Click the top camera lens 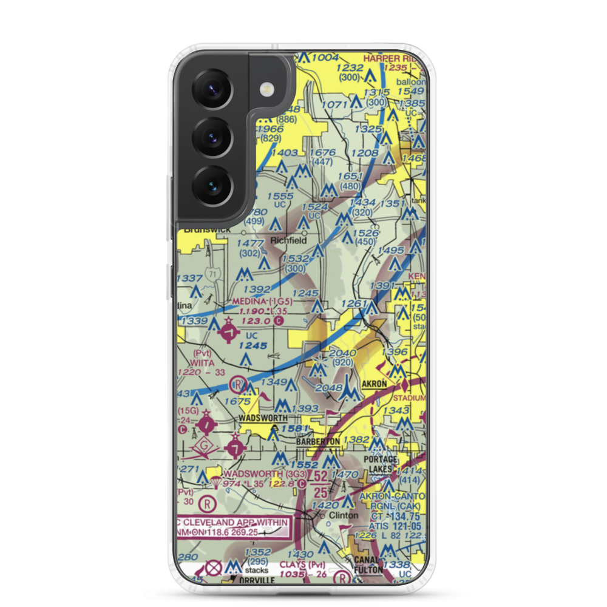click(211, 91)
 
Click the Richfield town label click(288, 240)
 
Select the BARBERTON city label click(318, 442)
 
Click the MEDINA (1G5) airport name click(263, 300)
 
